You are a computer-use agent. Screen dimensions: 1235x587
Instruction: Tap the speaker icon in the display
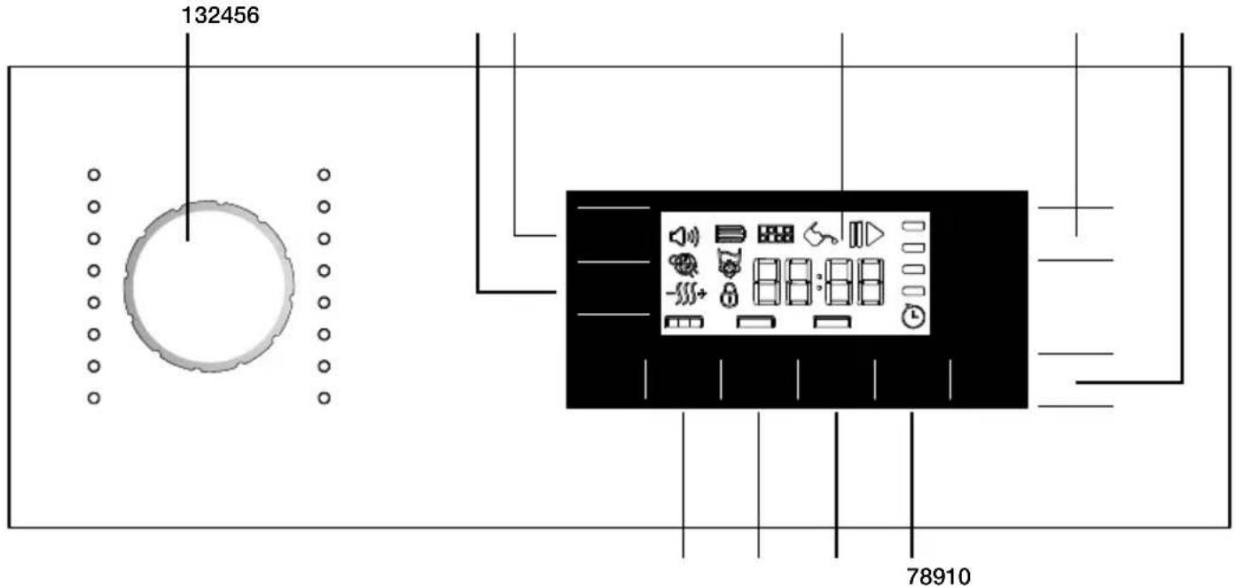[x=684, y=237]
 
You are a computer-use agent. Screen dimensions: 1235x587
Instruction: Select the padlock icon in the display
[x=729, y=295]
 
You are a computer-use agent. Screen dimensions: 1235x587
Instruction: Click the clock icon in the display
[x=913, y=317]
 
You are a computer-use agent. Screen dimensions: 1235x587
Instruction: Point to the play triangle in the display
[x=874, y=234]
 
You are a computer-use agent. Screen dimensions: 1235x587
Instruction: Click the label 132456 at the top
[x=220, y=15]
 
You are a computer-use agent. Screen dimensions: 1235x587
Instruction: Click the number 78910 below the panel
[x=938, y=576]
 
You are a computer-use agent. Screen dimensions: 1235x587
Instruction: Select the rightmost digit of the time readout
[x=871, y=282]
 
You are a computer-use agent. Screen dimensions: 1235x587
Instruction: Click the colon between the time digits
[x=819, y=282]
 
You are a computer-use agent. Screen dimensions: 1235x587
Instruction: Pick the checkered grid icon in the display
[x=776, y=234]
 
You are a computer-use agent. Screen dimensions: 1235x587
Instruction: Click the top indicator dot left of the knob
[x=94, y=175]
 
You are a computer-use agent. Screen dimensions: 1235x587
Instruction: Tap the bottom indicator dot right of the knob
[x=324, y=398]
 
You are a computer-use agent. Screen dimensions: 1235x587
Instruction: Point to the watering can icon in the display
[x=821, y=235]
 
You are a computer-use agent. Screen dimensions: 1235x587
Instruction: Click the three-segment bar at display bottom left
[x=684, y=322]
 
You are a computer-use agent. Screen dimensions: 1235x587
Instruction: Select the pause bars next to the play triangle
[x=856, y=234]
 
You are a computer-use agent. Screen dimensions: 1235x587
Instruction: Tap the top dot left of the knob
[x=94, y=175]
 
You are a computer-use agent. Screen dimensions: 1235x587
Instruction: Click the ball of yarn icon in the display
[x=684, y=264]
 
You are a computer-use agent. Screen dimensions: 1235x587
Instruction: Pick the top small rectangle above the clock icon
[x=913, y=226]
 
